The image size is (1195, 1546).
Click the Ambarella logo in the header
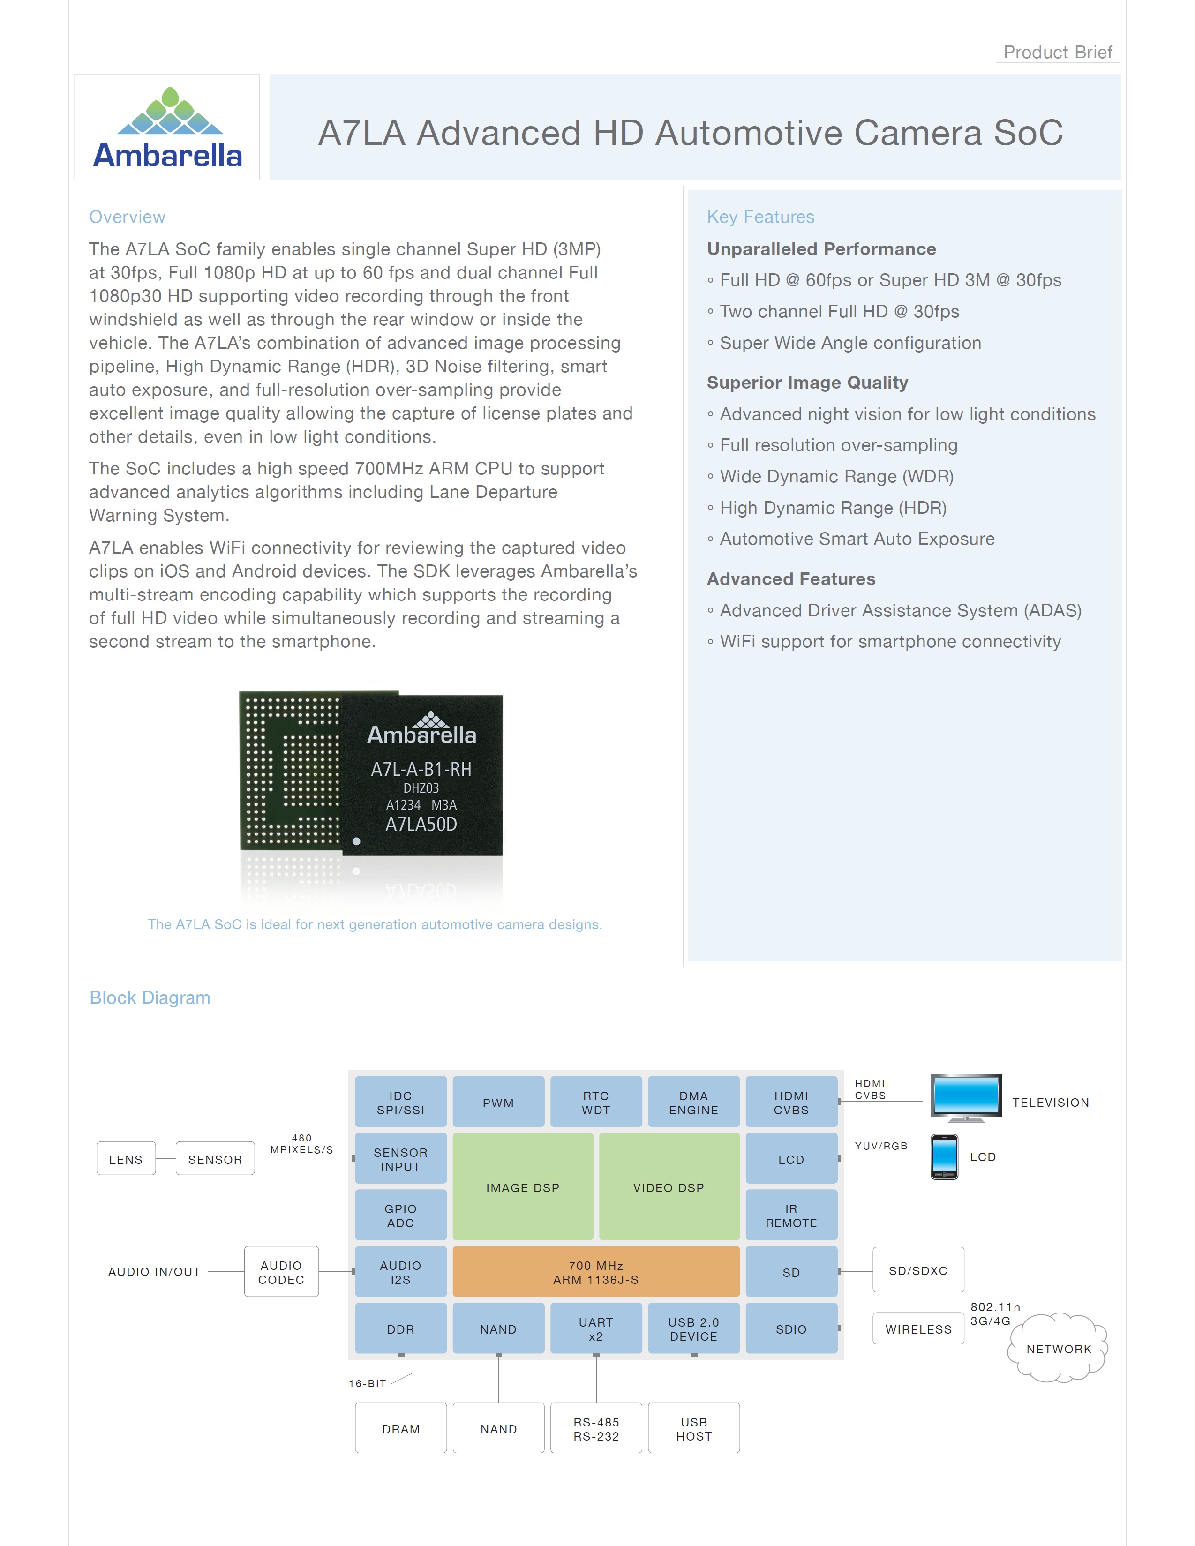168,128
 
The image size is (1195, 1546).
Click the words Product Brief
1057,53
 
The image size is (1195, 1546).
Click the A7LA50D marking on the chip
421,824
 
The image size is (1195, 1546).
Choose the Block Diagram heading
150,998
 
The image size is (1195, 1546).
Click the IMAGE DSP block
522,1187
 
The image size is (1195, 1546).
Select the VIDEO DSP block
669,1187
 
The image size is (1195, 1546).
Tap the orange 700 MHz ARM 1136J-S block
595,1272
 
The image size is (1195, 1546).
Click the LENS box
126,1159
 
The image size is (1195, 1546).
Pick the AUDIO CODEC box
281,1272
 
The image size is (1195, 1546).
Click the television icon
966,1098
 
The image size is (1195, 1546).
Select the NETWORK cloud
1059,1349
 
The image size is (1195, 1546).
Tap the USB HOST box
694,1428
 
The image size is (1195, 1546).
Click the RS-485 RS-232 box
596,1428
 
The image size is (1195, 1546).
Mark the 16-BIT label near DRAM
368,1383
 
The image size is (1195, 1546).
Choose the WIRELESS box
918,1328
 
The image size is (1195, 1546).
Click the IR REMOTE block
791,1216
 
